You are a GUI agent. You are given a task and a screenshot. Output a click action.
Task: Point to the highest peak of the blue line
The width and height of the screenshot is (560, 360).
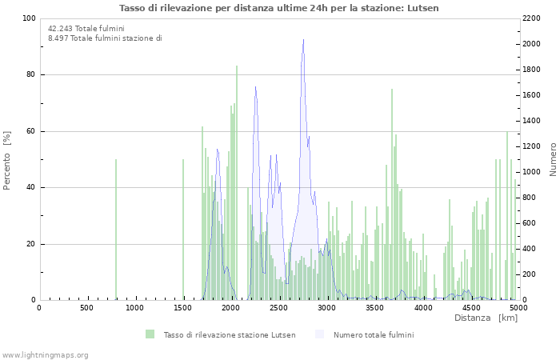tap(303, 40)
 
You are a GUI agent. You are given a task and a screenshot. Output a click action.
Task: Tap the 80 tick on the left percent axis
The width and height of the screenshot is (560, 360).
tap(30, 75)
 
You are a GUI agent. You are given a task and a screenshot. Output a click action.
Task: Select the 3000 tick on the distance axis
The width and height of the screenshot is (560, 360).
tap(327, 307)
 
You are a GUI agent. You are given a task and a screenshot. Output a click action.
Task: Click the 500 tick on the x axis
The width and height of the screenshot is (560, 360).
tap(86, 307)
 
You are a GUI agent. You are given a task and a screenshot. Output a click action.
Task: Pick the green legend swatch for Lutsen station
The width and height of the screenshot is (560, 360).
tap(150, 334)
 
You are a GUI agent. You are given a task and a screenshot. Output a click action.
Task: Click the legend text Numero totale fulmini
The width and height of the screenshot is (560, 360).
tap(374, 334)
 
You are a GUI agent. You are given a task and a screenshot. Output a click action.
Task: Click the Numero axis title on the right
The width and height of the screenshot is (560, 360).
tap(553, 160)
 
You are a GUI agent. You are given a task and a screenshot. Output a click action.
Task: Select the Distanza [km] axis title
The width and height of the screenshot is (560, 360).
tap(486, 318)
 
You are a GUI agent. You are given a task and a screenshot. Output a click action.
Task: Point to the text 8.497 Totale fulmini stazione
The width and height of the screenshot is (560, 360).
tap(104, 38)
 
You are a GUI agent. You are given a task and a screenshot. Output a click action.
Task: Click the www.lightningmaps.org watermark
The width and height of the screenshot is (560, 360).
tap(45, 354)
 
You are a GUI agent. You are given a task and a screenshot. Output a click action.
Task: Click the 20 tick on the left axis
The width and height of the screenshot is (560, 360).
tap(30, 244)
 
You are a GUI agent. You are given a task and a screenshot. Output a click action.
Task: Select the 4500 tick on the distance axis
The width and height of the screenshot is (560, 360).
tap(471, 307)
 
